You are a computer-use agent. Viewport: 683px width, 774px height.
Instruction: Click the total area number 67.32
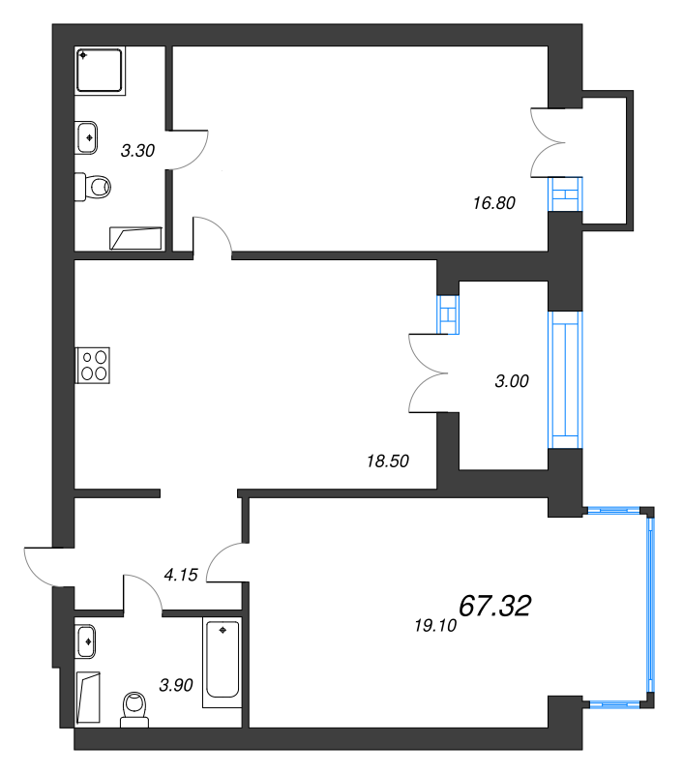[x=495, y=606]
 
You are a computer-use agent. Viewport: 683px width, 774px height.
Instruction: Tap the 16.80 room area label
[x=494, y=203]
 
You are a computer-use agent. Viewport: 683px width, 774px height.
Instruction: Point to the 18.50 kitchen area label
[x=388, y=461]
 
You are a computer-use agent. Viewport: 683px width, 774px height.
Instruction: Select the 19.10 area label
[x=435, y=626]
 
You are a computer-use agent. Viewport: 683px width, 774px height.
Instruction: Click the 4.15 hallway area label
[x=181, y=575]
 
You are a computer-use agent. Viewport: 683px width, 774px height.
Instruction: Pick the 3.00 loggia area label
[x=512, y=381]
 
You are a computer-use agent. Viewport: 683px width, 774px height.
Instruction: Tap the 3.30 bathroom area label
[x=137, y=151]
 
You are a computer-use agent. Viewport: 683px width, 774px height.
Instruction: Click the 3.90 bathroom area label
[x=176, y=685]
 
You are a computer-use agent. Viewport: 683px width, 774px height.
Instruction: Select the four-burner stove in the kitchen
[x=93, y=366]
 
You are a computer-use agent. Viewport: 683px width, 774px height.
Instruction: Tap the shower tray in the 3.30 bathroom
[x=100, y=70]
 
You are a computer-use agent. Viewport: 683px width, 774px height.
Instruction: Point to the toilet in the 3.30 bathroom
[x=92, y=187]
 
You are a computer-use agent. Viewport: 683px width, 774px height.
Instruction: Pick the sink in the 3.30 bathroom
[x=86, y=137]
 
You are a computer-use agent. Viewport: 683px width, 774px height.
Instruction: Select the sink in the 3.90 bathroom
[x=85, y=641]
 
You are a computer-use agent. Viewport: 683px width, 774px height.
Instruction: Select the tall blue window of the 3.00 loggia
[x=566, y=379]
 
